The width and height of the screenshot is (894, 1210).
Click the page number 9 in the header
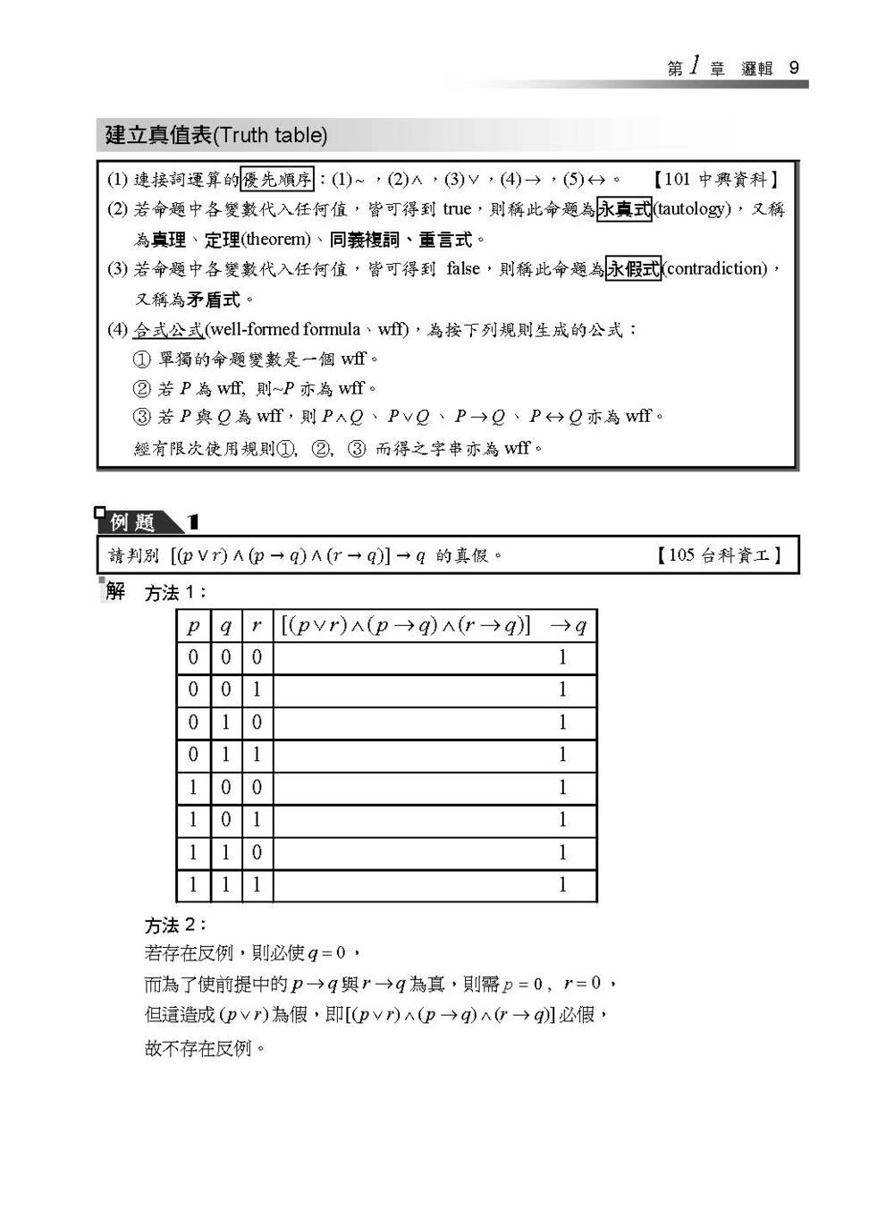794,69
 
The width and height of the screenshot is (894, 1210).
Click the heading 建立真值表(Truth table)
216,135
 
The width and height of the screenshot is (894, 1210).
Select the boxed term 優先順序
277,180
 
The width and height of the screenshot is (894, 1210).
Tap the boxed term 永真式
624,209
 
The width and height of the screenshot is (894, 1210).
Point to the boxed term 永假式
634,268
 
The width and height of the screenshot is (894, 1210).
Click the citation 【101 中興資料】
716,180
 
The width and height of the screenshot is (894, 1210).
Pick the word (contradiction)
715,268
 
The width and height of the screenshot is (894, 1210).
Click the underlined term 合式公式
168,330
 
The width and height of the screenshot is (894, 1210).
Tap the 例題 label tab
134,521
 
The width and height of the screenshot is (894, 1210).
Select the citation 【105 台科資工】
721,555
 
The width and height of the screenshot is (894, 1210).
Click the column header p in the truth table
193,626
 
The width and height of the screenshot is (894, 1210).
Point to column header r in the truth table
257,626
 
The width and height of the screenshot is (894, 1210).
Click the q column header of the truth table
225,626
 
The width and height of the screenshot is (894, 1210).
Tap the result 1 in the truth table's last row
562,885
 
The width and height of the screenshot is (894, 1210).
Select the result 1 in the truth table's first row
562,658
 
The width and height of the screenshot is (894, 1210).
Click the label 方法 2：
176,925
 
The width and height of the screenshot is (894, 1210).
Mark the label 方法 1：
176,593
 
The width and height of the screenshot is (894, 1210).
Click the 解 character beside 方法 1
115,591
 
